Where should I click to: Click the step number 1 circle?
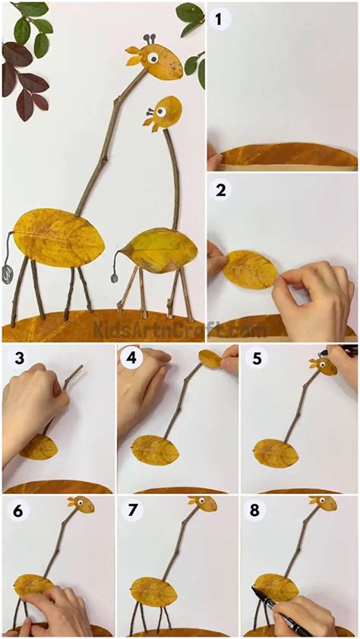pos(219,19)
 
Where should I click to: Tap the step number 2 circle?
pos(220,190)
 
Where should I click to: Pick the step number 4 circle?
pos(131,358)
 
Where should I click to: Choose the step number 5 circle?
pos(257,358)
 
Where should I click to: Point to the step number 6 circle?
pos(19,511)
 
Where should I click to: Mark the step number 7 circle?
pos(131,511)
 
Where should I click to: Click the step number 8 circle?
pos(255,511)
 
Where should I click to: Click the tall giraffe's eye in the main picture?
pos(153,58)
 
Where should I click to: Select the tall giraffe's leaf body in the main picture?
pos(59,238)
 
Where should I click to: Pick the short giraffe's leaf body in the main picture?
pos(158,250)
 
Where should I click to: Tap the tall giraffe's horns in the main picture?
pos(150,40)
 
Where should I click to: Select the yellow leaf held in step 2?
pos(250,269)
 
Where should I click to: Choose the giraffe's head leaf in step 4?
pos(211,358)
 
